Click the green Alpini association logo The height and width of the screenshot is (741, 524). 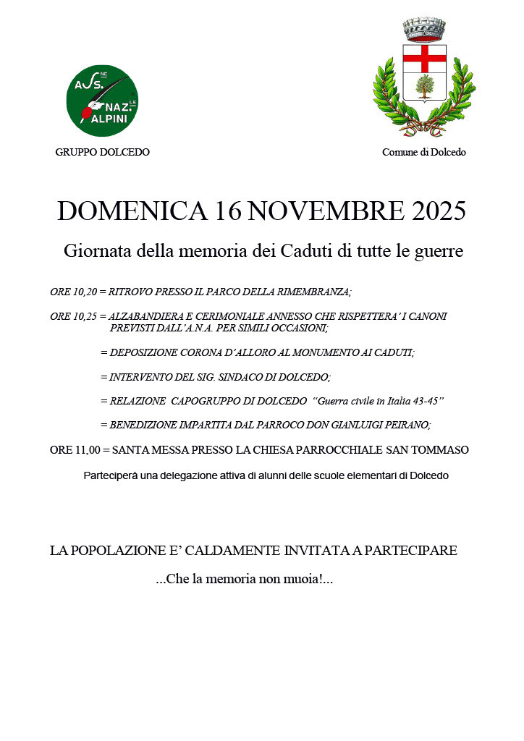[102, 101]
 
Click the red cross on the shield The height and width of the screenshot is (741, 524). [424, 59]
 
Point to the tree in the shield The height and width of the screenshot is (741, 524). [424, 87]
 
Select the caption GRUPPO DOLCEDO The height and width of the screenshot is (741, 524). [102, 152]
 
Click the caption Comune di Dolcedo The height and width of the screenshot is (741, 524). [424, 152]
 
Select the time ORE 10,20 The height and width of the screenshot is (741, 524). [72, 292]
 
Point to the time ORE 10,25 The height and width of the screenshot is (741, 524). [72, 316]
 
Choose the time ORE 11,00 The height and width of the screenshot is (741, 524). [74, 450]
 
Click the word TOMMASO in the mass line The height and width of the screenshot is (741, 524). [441, 450]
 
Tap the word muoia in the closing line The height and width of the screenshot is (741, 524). [297, 580]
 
